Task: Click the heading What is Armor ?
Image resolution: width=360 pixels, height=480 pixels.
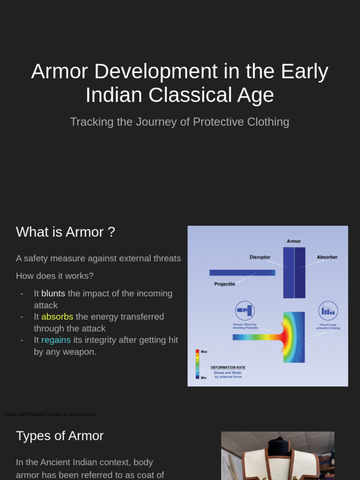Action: (x=65, y=232)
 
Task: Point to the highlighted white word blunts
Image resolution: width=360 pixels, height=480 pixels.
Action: (x=53, y=293)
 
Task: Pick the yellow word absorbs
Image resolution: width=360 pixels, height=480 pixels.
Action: (x=57, y=317)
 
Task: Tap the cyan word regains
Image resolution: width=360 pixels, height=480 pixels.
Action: (x=56, y=340)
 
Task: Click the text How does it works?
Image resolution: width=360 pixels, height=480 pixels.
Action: (x=54, y=276)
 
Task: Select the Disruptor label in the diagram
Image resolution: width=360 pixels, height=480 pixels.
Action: (x=260, y=257)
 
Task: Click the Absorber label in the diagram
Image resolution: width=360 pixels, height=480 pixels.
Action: (x=327, y=257)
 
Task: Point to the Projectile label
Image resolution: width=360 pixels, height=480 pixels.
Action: (x=225, y=284)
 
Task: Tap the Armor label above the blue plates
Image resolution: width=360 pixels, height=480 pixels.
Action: (x=293, y=241)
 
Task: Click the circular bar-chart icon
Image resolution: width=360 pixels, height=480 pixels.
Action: (x=328, y=311)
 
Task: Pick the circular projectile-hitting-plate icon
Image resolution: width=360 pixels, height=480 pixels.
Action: (x=245, y=311)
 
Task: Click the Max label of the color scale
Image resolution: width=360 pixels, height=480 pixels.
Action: (x=204, y=352)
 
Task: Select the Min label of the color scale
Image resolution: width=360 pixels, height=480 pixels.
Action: (x=203, y=377)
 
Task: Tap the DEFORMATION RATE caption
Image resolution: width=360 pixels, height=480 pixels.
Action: (x=228, y=367)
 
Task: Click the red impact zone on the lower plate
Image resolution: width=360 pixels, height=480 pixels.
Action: (x=286, y=337)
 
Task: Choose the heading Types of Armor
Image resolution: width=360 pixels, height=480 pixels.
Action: (x=60, y=436)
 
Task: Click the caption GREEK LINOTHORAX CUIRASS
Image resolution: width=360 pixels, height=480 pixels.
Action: (x=33, y=414)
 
